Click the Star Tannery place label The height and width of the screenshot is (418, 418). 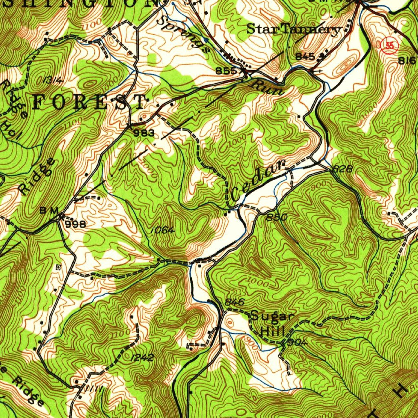click(x=294, y=29)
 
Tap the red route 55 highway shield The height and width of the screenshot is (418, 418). click(x=390, y=46)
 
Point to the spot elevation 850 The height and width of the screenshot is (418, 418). click(x=276, y=217)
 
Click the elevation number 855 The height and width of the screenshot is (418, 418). click(x=226, y=71)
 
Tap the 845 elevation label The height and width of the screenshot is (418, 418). click(x=305, y=57)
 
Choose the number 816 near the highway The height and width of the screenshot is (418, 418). click(x=407, y=61)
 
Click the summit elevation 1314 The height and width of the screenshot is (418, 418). click(x=53, y=80)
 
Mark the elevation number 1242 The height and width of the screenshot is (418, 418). click(x=143, y=358)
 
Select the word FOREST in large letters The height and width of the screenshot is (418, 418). click(x=89, y=102)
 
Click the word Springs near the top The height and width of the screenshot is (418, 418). click(x=184, y=34)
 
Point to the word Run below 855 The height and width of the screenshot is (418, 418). click(x=268, y=88)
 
